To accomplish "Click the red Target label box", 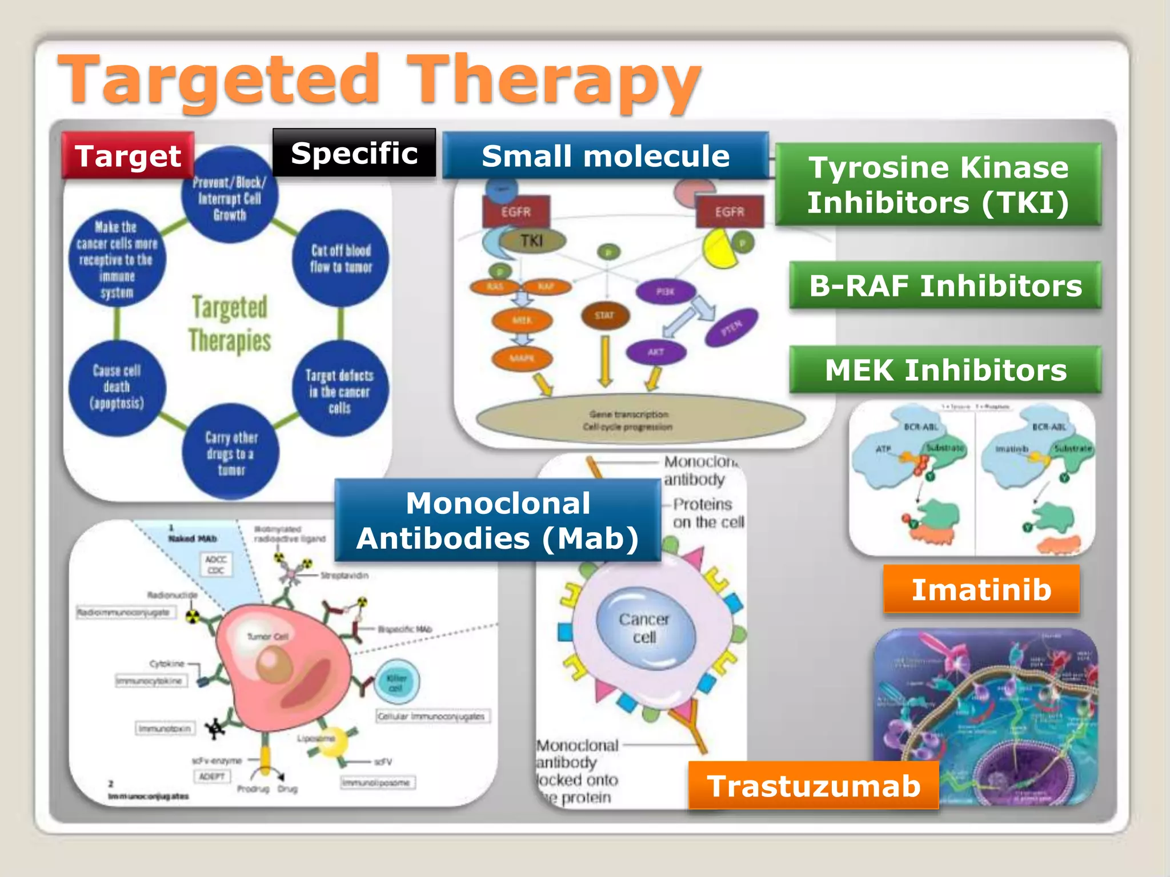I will tap(128, 155).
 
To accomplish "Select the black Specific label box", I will tap(354, 153).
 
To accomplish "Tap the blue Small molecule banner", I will tap(606, 155).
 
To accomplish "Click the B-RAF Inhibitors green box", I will tap(945, 285).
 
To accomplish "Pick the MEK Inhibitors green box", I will tap(945, 369).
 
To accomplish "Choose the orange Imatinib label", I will tap(981, 589).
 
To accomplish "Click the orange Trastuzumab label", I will tap(814, 786).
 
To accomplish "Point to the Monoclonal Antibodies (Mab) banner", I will tap(498, 521).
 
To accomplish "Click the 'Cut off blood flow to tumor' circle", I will tap(341, 259).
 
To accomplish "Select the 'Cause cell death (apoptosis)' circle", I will tap(117, 387).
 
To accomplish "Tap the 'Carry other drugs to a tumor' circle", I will tap(231, 453).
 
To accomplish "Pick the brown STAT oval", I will tap(605, 315).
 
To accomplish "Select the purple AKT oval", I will tap(656, 352).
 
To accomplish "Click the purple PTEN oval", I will tap(731, 328).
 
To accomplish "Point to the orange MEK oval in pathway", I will tap(522, 320).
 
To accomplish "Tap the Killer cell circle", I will tap(396, 682).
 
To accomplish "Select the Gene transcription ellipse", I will tap(640, 420).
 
